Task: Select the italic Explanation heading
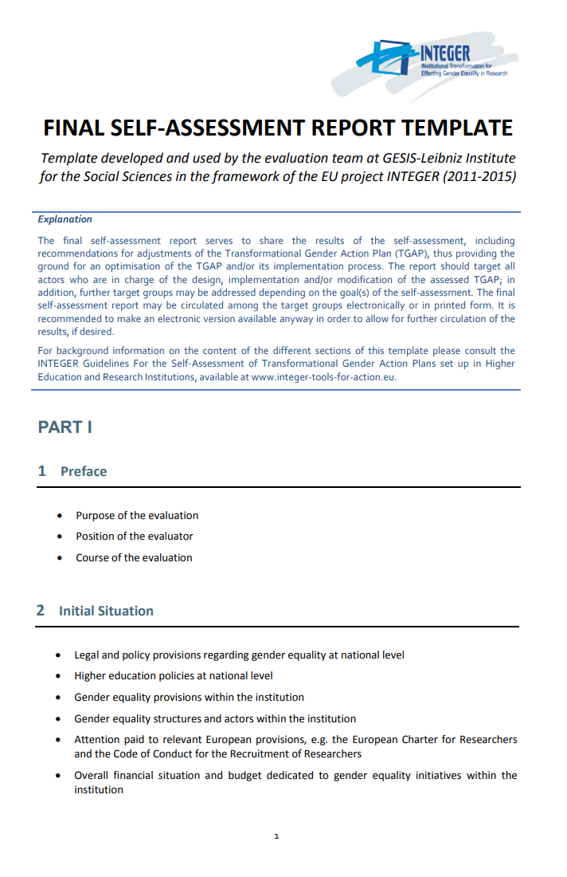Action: [65, 219]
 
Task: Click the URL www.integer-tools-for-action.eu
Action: [323, 377]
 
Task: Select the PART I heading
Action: [65, 427]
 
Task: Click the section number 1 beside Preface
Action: [42, 471]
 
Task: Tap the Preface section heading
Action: [84, 471]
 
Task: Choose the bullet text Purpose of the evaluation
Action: [137, 516]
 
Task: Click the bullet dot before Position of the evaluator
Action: [61, 537]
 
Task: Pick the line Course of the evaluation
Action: [134, 558]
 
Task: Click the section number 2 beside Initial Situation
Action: [41, 611]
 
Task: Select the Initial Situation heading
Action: [106, 611]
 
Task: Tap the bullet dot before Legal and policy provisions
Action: [59, 656]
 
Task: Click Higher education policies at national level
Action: [174, 676]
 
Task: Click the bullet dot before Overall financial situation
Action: [59, 776]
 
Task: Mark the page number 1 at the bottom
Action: [276, 836]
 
